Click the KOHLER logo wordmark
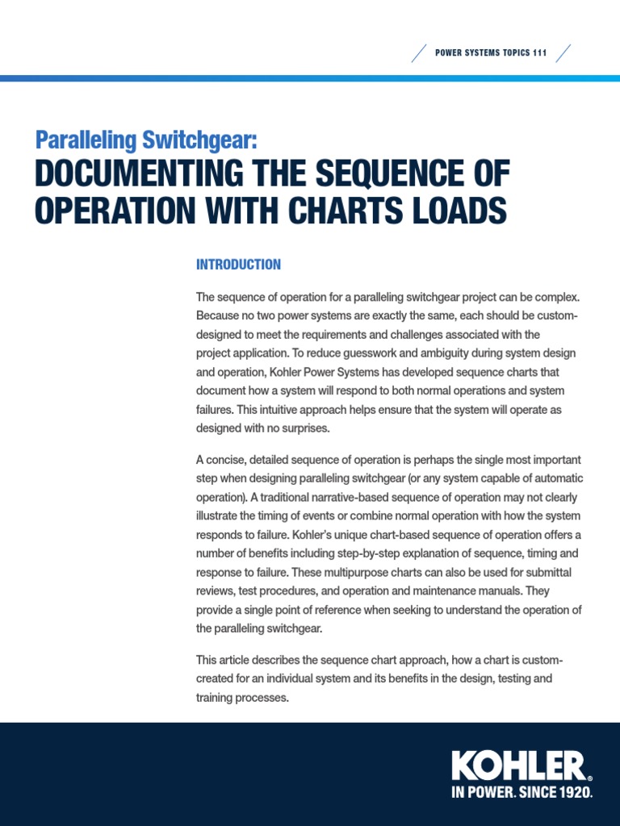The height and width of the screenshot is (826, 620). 517,766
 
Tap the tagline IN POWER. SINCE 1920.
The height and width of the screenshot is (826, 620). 522,793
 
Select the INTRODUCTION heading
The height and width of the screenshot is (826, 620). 238,265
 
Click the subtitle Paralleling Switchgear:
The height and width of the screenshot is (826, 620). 146,140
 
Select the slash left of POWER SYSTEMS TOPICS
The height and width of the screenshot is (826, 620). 420,53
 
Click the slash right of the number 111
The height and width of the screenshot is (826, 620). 563,53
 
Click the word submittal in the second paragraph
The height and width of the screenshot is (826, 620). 554,573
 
